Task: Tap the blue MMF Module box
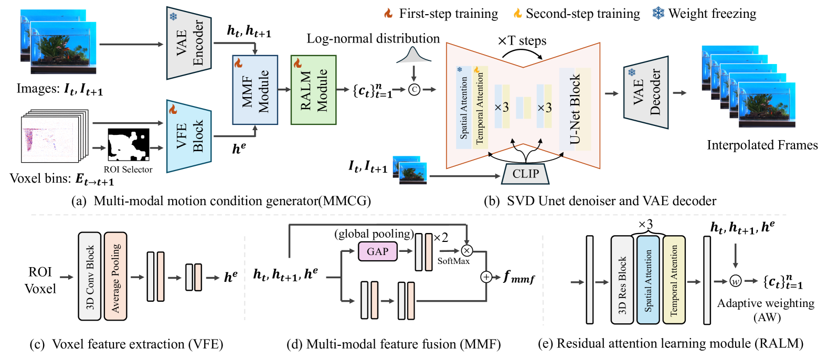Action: (255, 90)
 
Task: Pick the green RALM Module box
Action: (313, 90)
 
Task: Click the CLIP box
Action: (525, 174)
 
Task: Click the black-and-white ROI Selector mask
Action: (129, 145)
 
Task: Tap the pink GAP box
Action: (377, 251)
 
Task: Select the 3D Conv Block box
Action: (90, 276)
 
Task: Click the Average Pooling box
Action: (115, 276)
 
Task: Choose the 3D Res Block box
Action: (622, 280)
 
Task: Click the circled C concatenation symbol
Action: (414, 90)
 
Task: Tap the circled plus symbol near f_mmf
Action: (486, 277)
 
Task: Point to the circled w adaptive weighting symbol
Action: (736, 281)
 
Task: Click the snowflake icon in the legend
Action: (658, 13)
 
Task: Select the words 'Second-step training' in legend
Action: (582, 14)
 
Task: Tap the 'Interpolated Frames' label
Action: (762, 145)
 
